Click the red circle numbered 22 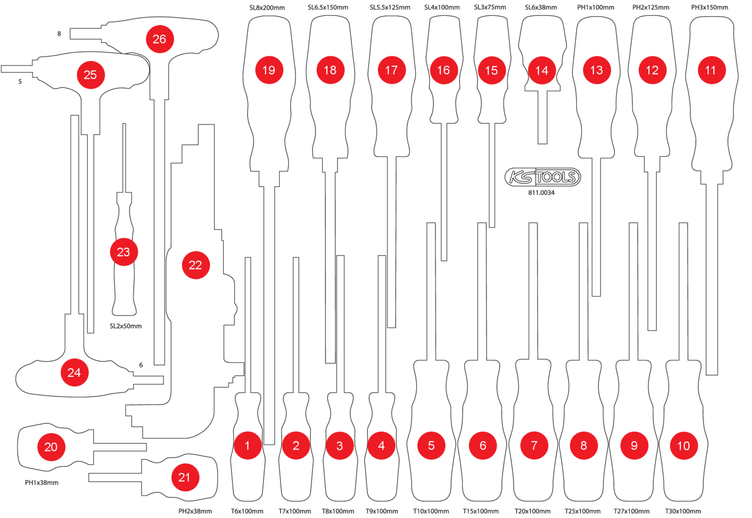196,265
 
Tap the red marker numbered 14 541,70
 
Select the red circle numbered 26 159,39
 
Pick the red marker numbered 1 247,445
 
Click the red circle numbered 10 683,446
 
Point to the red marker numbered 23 123,252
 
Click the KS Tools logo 542,177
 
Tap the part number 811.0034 541,193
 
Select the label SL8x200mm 267,8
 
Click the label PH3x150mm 709,8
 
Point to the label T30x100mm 683,511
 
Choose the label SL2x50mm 126,326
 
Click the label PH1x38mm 42,482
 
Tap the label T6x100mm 247,511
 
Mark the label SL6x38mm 541,8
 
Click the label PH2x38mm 195,511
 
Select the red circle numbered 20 51,447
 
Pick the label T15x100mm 481,511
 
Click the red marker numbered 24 74,373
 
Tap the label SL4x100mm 442,8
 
